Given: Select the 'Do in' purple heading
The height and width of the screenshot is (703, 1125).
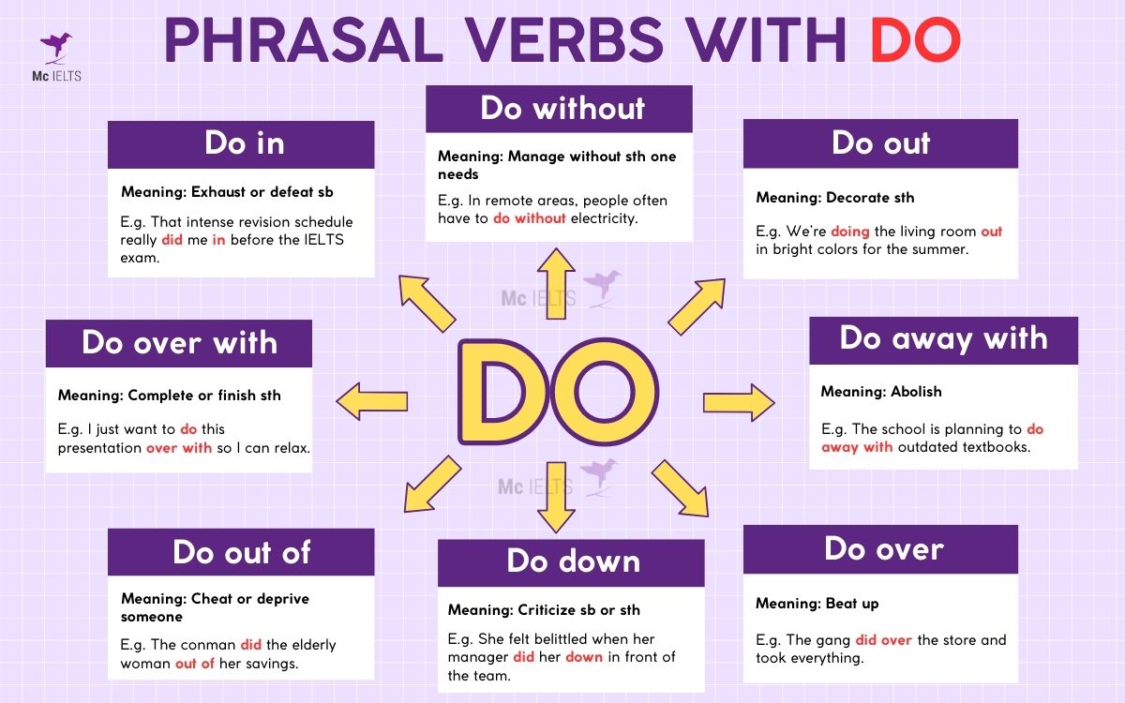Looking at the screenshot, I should pos(242,144).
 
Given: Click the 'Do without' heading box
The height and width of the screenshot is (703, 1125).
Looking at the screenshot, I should pos(560,109).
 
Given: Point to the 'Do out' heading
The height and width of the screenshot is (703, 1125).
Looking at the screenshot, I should pos(880,143).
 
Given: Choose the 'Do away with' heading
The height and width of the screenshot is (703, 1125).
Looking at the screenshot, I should pos(943,339).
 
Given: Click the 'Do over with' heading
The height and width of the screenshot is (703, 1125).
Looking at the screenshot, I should pos(179,343).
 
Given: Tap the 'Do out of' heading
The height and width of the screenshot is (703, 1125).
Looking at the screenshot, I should pos(241,552).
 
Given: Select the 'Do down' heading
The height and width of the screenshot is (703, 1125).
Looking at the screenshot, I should pos(571,561).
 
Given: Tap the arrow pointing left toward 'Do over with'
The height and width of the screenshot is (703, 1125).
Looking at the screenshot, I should pos(372,401).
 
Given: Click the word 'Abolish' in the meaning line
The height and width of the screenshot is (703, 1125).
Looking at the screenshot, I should pos(916,392).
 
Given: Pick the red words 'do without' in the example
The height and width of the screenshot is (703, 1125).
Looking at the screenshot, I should pos(530,218).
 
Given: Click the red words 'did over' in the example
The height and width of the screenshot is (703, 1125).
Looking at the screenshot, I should pos(883,640).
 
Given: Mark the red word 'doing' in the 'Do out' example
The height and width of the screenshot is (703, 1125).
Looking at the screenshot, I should pos(850,232).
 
